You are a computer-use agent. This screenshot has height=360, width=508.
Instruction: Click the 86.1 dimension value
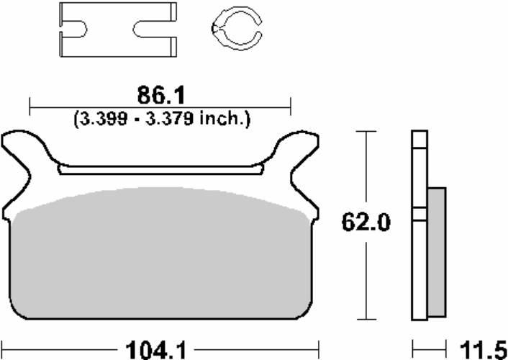tap(161, 96)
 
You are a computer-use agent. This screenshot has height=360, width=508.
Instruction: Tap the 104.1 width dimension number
tap(156, 351)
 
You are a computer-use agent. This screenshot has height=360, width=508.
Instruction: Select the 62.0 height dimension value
tap(366, 222)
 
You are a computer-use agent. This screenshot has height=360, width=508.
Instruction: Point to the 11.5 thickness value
tap(484, 351)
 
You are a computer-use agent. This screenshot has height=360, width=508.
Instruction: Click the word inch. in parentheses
tap(224, 119)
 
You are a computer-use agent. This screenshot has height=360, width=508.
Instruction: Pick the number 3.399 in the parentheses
tap(104, 119)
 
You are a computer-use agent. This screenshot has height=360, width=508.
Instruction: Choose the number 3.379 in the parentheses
tap(170, 119)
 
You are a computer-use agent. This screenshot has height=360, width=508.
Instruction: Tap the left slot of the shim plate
tap(74, 30)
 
